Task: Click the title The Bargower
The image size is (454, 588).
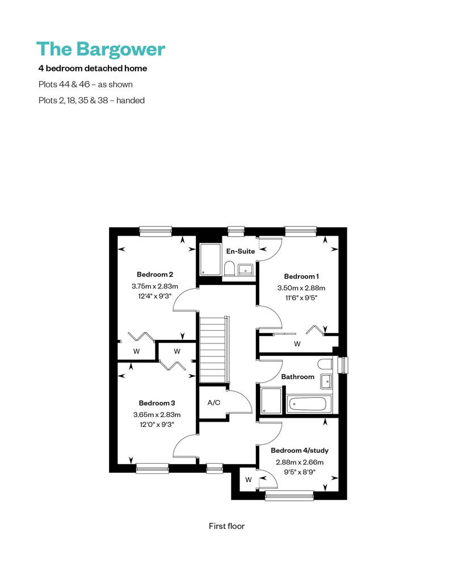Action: click(101, 49)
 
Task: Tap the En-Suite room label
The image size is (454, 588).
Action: click(240, 251)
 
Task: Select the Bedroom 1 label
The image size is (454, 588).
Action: click(301, 276)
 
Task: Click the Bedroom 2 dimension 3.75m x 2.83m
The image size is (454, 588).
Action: click(154, 286)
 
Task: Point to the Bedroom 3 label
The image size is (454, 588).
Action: click(157, 403)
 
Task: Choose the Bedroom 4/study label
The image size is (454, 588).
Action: click(300, 451)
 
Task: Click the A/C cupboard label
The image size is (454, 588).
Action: click(214, 403)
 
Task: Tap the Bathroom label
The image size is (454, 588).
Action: click(298, 377)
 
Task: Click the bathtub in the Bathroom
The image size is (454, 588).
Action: click(309, 404)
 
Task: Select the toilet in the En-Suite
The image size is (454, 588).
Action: click(229, 268)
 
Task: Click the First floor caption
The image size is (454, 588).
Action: click(226, 526)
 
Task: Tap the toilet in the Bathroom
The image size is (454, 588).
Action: click(325, 364)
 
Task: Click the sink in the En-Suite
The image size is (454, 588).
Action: click(246, 269)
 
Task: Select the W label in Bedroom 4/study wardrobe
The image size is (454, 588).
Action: click(248, 480)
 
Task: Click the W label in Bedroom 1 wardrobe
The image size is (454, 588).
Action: click(297, 344)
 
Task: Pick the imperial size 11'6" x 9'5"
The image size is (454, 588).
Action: click(301, 298)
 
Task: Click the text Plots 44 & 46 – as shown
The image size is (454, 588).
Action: click(86, 85)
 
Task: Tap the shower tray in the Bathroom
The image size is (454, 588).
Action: click(271, 401)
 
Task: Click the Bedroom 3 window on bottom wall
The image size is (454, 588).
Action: click(152, 468)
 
